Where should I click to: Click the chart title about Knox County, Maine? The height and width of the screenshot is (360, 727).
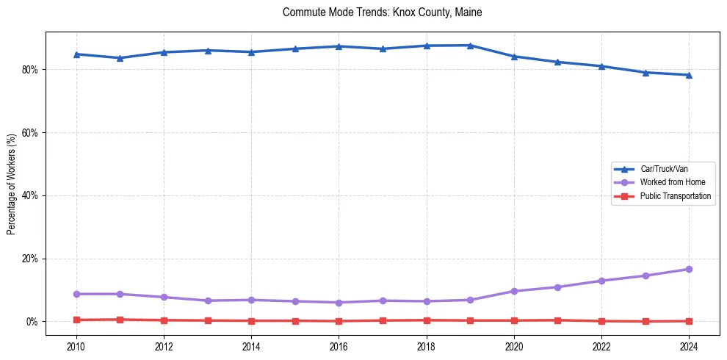pos(382,12)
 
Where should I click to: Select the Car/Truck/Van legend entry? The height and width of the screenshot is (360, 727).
pos(663,169)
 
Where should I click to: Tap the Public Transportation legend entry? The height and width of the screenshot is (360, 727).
pos(675,196)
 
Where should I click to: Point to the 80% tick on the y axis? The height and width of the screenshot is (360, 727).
pos(35,70)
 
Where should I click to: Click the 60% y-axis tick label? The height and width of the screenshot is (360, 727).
pos(35,133)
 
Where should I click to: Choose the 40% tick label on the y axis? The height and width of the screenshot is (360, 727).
pos(35,195)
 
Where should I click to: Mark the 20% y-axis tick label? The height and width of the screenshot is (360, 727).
pos(35,259)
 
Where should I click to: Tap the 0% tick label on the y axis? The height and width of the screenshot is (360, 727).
pos(37,322)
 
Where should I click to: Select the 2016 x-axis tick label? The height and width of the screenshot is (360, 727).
pos(339,345)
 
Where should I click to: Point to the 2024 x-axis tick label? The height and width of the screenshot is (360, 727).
pos(689,345)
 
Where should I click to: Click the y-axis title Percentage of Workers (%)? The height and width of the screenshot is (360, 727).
pos(12,184)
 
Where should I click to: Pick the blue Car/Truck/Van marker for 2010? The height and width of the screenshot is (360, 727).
pos(76,54)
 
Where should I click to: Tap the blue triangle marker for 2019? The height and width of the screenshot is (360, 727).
pos(470,46)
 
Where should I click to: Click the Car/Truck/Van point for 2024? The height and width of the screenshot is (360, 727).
pos(689,75)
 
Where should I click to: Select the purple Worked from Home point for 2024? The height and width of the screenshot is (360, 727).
pos(689,270)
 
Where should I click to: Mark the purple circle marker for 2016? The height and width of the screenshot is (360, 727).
pos(339,303)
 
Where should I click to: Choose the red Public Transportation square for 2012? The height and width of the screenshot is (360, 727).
pos(164,320)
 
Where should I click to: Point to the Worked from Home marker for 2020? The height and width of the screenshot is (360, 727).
pos(514,291)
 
